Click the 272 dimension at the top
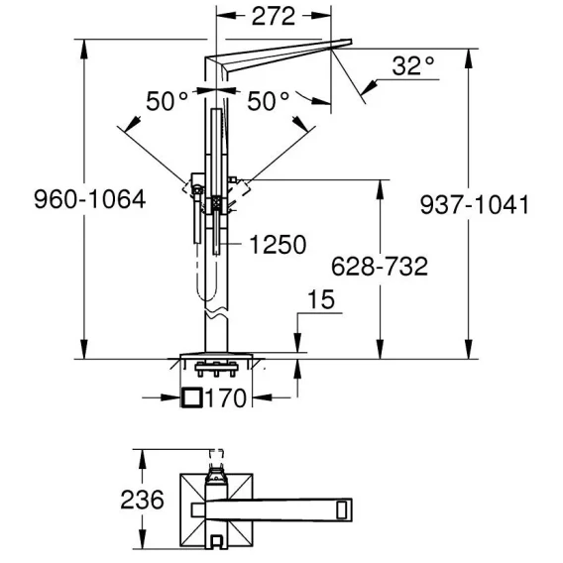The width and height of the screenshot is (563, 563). tap(274, 16)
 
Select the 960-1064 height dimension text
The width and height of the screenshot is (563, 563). tap(90, 199)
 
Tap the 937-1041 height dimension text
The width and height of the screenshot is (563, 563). tap(475, 205)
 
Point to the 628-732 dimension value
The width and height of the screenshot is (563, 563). tap(380, 267)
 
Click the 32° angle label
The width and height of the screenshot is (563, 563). tap(413, 65)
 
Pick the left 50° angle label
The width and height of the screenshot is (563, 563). tap(167, 101)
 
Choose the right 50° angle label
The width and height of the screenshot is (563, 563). tap(269, 101)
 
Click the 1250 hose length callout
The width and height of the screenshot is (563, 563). tap(278, 245)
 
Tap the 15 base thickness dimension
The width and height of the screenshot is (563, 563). tap(321, 299)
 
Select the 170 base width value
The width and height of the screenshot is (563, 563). tap(226, 397)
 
